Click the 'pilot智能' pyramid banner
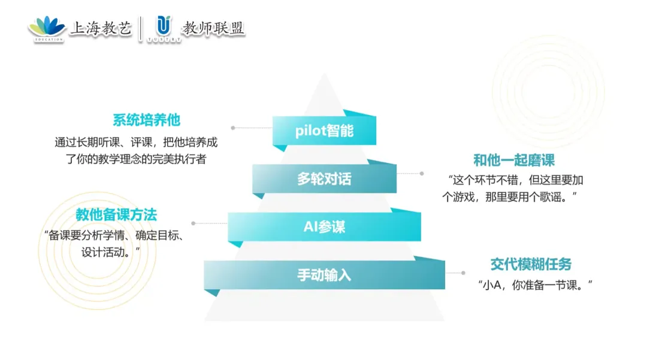point(324,131)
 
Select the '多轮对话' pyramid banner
point(324,179)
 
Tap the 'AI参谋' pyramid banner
point(324,227)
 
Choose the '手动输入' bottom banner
point(324,275)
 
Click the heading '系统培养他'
point(146,120)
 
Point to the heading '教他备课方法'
point(116,214)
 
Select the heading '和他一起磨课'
point(513,160)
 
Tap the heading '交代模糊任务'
point(531,264)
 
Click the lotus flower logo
point(47,27)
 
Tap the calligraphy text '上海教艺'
point(101,28)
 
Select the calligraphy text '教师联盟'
point(214,28)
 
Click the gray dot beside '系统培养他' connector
point(233,128)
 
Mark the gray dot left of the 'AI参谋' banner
point(192,223)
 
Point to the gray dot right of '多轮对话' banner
point(422,174)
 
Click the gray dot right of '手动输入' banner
point(463,273)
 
